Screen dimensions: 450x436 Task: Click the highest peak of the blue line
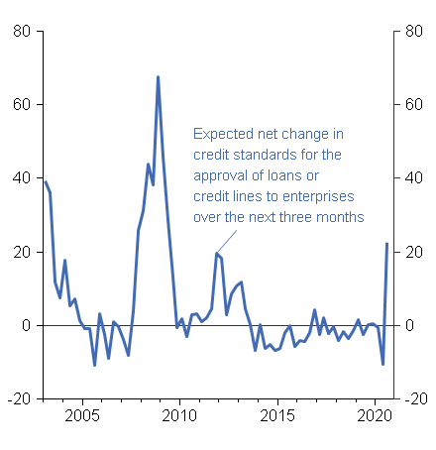click(x=158, y=77)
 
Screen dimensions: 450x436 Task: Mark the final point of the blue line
click(x=386, y=244)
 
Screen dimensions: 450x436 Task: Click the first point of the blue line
click(x=45, y=181)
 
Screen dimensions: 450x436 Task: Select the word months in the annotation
click(x=340, y=217)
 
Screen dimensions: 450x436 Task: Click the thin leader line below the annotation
click(x=227, y=239)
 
